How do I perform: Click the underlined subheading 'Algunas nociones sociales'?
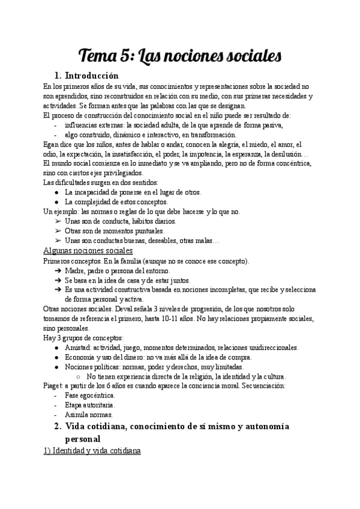click(x=88, y=250)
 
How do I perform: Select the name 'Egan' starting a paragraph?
click(x=52, y=144)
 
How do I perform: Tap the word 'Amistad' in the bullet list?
click(x=79, y=348)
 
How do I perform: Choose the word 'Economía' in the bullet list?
click(x=82, y=357)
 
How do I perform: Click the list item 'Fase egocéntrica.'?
click(x=90, y=396)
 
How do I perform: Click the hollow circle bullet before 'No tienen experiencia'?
click(x=79, y=376)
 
